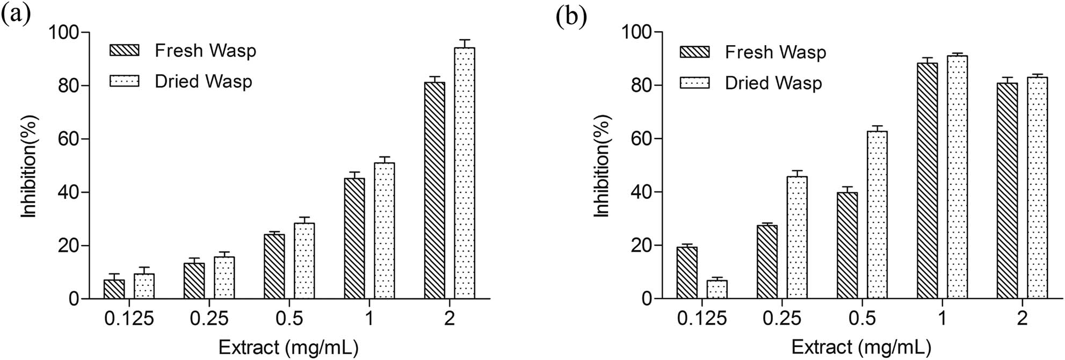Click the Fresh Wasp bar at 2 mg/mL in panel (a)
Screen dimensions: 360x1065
point(434,190)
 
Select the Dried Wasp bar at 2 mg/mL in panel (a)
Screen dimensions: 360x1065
point(465,173)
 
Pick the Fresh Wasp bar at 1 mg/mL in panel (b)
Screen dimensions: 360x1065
point(928,181)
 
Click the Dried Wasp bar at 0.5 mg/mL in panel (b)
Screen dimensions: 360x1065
point(877,214)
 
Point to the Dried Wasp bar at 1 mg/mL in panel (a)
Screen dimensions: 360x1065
point(384,231)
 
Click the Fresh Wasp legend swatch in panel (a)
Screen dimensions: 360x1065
point(124,51)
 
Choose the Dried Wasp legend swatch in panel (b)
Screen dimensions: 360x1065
point(694,83)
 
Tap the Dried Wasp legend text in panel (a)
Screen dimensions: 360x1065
point(203,82)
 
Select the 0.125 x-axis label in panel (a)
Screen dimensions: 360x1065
point(129,319)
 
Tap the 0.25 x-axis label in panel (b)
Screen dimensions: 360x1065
point(781,319)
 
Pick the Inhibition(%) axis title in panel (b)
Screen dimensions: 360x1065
point(602,165)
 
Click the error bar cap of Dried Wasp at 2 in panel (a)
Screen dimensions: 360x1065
point(465,40)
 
